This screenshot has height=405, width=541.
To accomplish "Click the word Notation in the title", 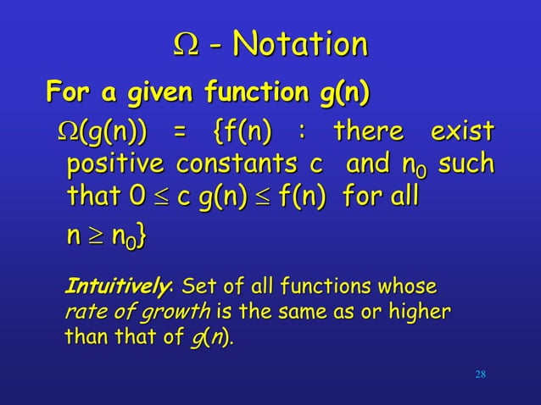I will (x=303, y=44).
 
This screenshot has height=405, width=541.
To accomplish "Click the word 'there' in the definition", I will (x=370, y=133).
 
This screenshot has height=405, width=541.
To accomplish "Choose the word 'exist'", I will (x=462, y=133).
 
